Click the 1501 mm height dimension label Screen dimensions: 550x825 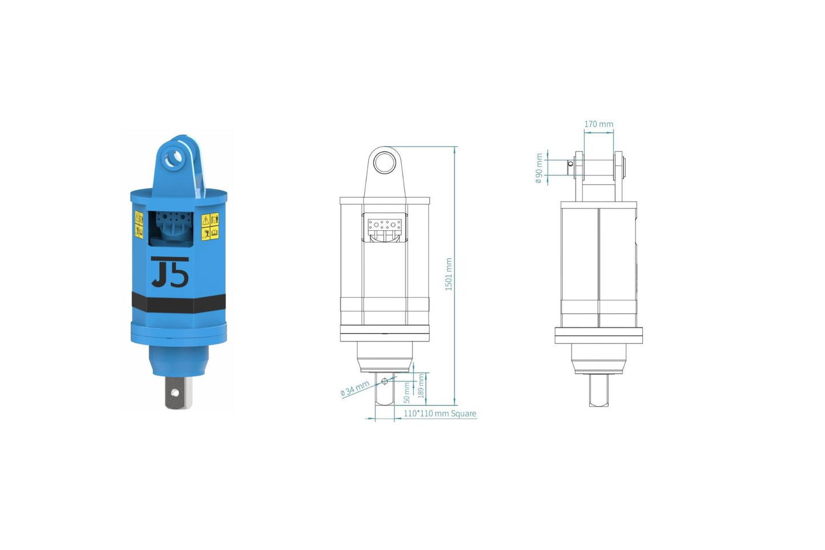(449, 274)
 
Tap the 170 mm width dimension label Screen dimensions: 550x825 (598, 124)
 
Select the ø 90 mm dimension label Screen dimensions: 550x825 (538, 168)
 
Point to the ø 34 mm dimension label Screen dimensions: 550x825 (355, 389)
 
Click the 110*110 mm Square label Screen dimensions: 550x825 (440, 413)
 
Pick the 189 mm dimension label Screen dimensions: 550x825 (421, 386)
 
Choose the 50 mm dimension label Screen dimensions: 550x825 (407, 392)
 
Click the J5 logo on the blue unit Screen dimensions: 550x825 (170, 272)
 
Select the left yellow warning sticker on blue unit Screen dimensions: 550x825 (139, 224)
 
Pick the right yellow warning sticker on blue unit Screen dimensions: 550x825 (210, 226)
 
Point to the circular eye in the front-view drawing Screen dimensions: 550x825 (385, 163)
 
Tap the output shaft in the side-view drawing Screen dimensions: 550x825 (598, 391)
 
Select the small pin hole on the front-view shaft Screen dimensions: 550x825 (384, 381)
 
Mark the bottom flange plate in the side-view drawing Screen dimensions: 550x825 (598, 335)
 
